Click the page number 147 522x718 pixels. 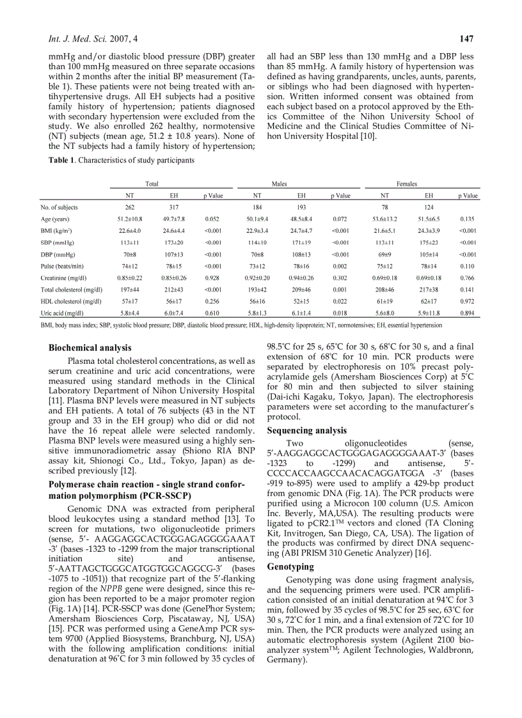pyautogui.click(x=466, y=40)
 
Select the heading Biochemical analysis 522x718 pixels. pyautogui.click(x=90, y=348)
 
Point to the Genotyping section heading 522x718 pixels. pyautogui.click(x=290, y=566)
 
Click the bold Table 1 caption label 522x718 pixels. pyautogui.click(x=62, y=160)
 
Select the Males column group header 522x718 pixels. pyautogui.click(x=279, y=183)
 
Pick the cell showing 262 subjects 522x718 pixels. pyautogui.click(x=130, y=207)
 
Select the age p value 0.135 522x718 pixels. pyautogui.click(x=469, y=219)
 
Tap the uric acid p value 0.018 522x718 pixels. pyautogui.click(x=340, y=313)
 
